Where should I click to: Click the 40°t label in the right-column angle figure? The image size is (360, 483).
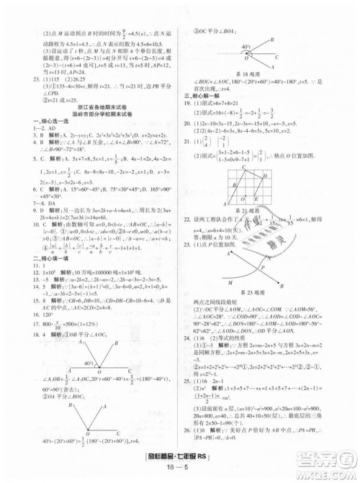[x=246, y=47]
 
